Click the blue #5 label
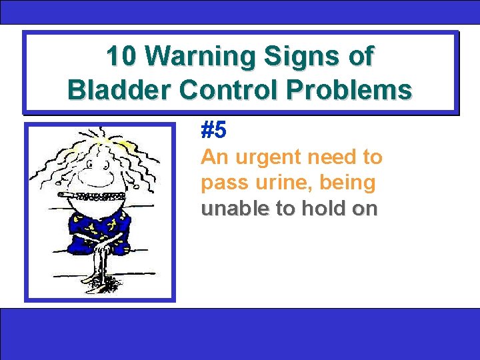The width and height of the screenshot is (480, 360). point(214,131)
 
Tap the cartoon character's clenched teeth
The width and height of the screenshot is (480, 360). point(100,196)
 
